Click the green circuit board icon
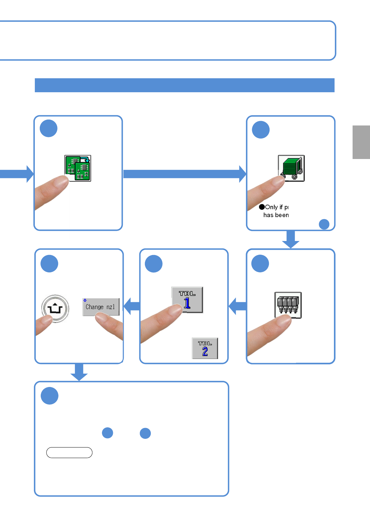pos(78,168)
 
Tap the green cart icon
pos(291,168)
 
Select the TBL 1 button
pos(187,300)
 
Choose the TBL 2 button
pos(205,348)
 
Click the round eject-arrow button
pos(55,308)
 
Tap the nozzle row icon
pos(288,305)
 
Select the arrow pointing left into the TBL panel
pos(238,306)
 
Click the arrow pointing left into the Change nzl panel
pos(132,306)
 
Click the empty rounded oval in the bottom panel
pos(69,453)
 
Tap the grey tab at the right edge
pos(361,142)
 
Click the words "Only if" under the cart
pos(274,207)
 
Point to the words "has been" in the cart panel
pos(276,215)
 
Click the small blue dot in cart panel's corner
pos(324,224)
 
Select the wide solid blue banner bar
pos(184,85)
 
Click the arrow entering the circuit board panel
pos(17,174)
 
